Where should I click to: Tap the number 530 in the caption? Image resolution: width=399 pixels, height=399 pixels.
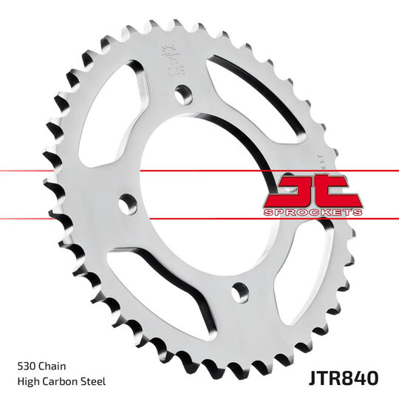click(x=27, y=366)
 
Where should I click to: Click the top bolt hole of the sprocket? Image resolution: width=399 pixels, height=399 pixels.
click(x=182, y=92)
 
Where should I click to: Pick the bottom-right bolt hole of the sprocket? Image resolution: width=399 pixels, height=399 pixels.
click(x=239, y=292)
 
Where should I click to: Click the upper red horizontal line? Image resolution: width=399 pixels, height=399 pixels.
click(x=74, y=171)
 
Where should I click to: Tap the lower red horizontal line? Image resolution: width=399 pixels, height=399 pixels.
click(x=74, y=218)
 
